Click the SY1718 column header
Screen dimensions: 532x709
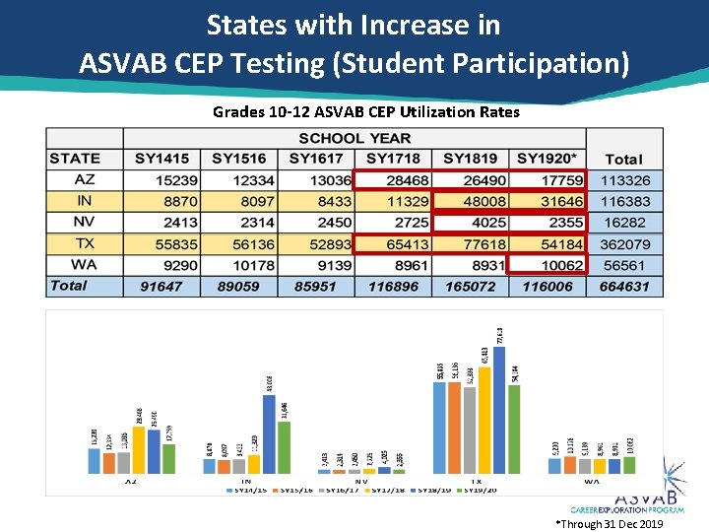coord(393,159)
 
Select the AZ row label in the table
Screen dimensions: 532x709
coord(84,179)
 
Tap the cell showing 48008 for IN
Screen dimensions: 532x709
coord(470,201)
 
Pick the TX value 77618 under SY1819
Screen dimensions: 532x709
coord(470,243)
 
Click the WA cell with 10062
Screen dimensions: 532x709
coord(548,264)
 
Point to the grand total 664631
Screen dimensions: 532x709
coord(624,286)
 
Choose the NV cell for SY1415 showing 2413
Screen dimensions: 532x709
coord(161,222)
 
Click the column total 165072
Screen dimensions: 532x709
coord(470,286)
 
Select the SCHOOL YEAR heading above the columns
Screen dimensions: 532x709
coord(354,138)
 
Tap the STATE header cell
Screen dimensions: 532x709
coord(75,159)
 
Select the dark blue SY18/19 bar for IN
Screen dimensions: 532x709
coord(269,434)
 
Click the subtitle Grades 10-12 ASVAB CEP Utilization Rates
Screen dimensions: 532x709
coord(366,112)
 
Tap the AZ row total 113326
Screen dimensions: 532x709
coord(624,179)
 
